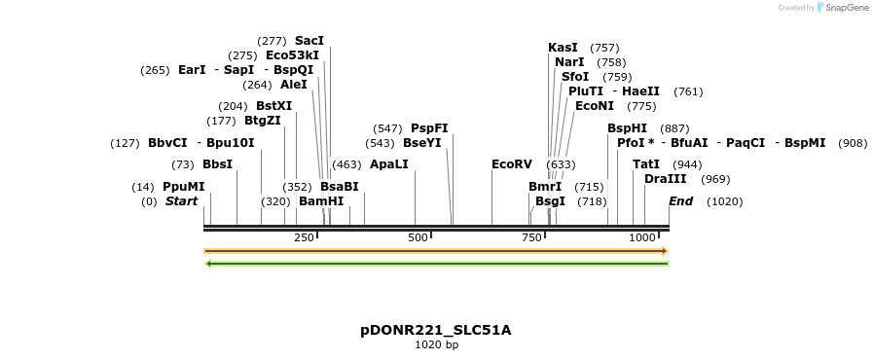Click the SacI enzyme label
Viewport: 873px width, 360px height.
pyautogui.click(x=309, y=41)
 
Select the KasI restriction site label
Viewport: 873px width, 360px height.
pyautogui.click(x=563, y=48)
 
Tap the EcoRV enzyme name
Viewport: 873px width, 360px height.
pyautogui.click(x=512, y=164)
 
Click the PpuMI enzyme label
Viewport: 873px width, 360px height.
pyautogui.click(x=184, y=187)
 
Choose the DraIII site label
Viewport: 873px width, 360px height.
pyautogui.click(x=666, y=179)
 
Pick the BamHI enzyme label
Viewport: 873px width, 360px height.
pyautogui.click(x=321, y=201)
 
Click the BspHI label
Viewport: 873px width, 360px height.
pyautogui.click(x=627, y=128)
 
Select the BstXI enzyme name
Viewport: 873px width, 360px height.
pyautogui.click(x=273, y=106)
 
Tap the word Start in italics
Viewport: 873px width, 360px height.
pyautogui.click(x=181, y=201)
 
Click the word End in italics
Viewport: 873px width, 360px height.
pyautogui.click(x=680, y=201)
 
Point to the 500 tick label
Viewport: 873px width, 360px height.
pyautogui.click(x=418, y=237)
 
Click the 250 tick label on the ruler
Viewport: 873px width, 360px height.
pyautogui.click(x=304, y=237)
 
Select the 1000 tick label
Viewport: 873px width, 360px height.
pyautogui.click(x=642, y=237)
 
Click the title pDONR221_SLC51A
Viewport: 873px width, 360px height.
pyautogui.click(x=435, y=330)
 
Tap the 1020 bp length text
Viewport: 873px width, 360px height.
pyautogui.click(x=436, y=344)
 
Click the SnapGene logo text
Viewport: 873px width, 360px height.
pyautogui.click(x=843, y=8)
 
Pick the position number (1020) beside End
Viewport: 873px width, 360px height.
pyautogui.click(x=724, y=201)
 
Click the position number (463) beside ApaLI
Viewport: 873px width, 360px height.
pyautogui.click(x=346, y=164)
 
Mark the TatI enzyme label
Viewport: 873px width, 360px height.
pyautogui.click(x=646, y=164)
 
